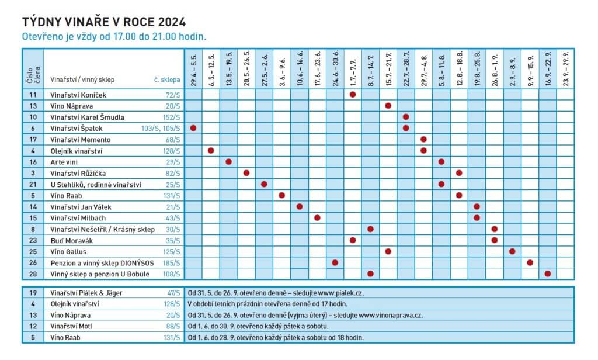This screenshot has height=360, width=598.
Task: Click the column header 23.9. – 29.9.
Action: pos(565,69)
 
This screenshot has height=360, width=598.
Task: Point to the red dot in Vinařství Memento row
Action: pos(423,139)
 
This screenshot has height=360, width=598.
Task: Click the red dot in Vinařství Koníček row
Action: pos(353,94)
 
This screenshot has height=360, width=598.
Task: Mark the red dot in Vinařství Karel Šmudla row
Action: pos(406,117)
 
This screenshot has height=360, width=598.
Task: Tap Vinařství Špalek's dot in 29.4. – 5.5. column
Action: pos(193,128)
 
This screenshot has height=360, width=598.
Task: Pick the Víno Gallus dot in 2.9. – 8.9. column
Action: pos(512,251)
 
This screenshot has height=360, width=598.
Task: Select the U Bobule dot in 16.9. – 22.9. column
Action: pos(548,274)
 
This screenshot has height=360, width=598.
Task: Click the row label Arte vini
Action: pos(64,162)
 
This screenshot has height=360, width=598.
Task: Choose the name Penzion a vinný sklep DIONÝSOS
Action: pos(102,263)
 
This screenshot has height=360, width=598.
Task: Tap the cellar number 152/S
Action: pos(171,117)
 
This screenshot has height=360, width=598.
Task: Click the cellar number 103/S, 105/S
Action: pos(161,128)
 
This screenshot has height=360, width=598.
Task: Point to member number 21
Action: pos(33,185)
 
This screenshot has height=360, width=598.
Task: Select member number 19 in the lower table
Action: pos(33,293)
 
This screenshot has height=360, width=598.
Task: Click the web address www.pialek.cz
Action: pos(340,293)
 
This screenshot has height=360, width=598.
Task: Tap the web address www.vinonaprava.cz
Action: pos(391,316)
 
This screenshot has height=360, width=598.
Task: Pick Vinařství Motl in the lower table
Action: pos(71,327)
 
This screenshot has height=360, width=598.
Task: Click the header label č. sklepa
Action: pos(166,80)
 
